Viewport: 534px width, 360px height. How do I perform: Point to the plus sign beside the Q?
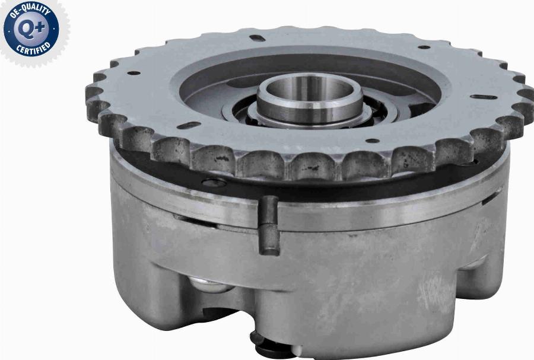coord(40,27)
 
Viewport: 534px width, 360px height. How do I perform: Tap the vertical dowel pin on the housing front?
coord(269,226)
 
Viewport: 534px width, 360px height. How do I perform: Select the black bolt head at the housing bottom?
coord(269,347)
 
